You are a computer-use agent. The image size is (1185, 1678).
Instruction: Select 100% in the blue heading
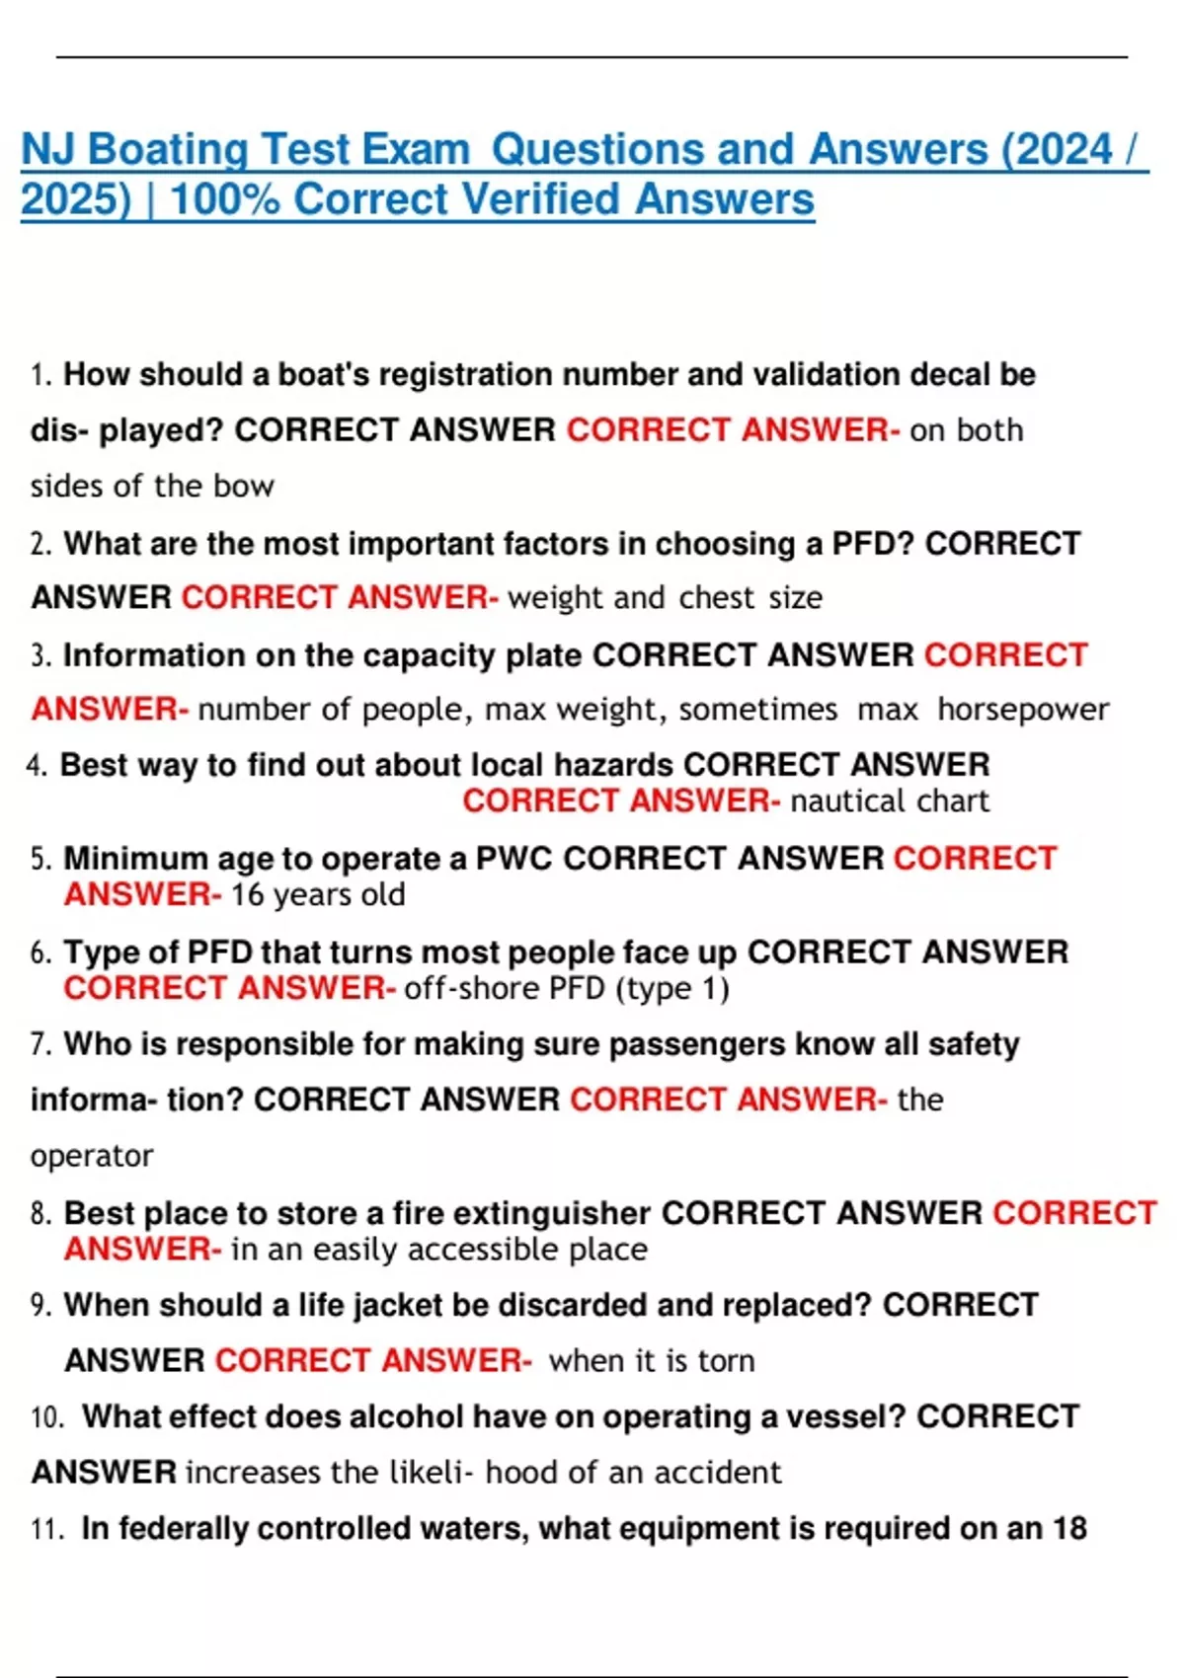click(x=226, y=199)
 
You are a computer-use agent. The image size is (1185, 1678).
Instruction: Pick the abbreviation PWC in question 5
click(x=513, y=859)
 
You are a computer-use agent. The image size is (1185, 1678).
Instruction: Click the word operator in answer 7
click(x=92, y=1156)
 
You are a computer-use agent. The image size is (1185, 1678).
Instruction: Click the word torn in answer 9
click(x=726, y=1361)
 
